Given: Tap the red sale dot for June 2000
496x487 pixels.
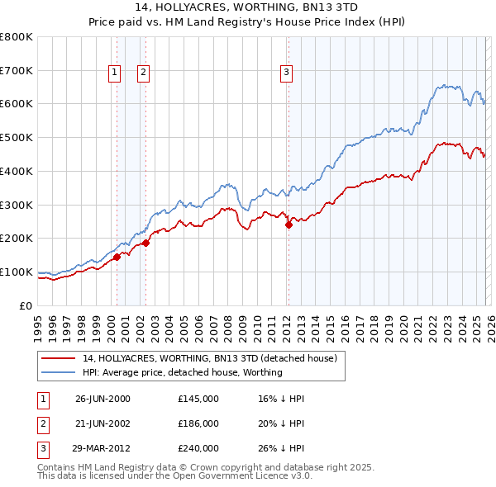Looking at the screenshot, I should (117, 257).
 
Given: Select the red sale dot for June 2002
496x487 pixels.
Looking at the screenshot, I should (145, 243).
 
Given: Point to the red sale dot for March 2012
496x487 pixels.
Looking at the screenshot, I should (289, 225).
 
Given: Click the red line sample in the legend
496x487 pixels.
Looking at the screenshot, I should (59, 359).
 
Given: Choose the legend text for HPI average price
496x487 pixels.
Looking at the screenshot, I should (183, 373).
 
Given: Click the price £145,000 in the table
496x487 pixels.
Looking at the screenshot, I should (198, 399).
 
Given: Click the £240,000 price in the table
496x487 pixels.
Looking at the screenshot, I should (198, 448).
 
